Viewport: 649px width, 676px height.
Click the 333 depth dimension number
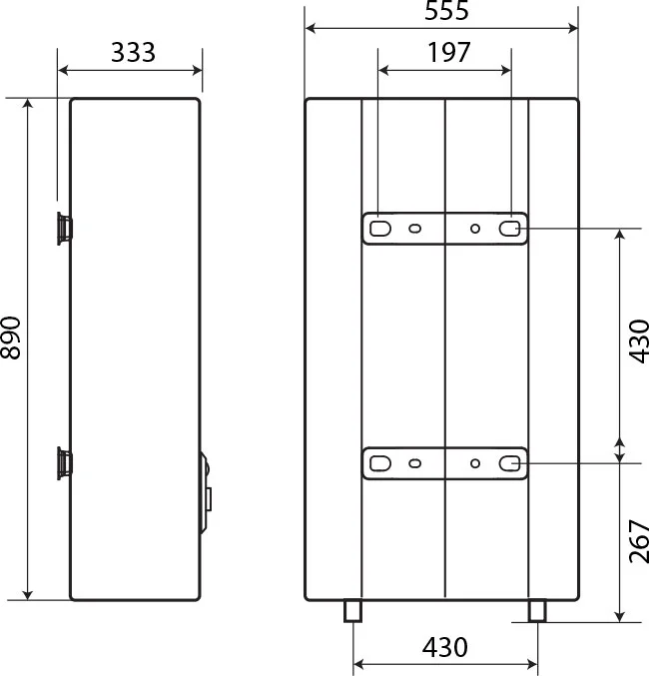pos(133,52)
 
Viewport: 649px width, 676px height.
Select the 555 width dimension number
pos(446,10)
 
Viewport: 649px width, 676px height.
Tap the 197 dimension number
pos(448,52)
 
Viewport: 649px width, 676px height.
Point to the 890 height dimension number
pos(10,338)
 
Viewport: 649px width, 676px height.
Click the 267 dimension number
pos(639,541)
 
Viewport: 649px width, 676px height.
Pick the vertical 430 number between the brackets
pos(639,341)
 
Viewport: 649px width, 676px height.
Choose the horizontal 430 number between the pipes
pos(444,647)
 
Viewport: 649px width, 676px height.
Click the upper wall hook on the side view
pos(65,229)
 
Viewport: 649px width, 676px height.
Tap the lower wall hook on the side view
pos(65,463)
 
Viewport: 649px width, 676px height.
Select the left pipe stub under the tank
pos(352,611)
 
